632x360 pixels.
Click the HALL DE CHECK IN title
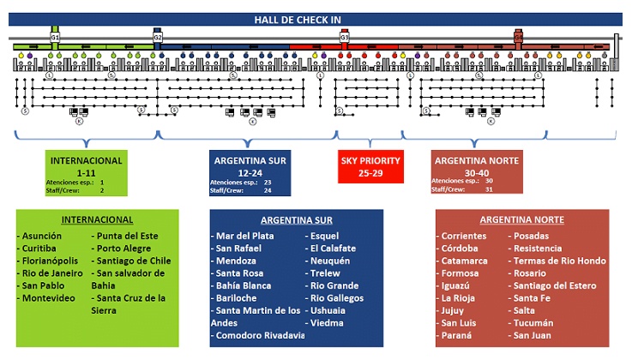tap(315, 20)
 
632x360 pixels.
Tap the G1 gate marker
tap(55, 38)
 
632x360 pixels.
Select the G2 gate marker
tap(158, 38)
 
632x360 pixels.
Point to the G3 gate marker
tap(345, 38)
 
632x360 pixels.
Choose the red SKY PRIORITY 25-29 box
tap(370, 166)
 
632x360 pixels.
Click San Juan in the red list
tap(538, 335)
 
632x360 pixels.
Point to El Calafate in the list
tap(335, 248)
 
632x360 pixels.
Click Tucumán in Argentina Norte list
tap(537, 323)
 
